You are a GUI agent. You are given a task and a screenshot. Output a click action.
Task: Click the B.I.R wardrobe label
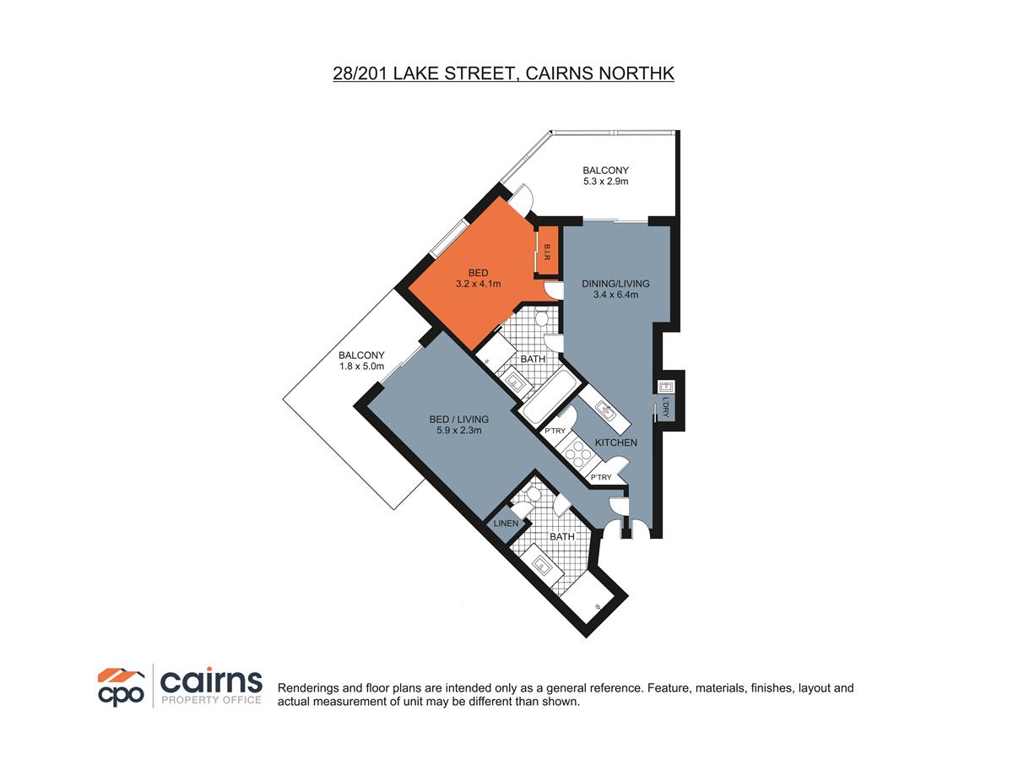[x=547, y=252]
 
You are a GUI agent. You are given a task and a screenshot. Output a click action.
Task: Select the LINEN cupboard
[x=506, y=524]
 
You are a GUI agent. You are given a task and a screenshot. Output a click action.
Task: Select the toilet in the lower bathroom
[x=521, y=508]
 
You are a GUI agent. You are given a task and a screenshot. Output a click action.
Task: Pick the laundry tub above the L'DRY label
[x=664, y=386]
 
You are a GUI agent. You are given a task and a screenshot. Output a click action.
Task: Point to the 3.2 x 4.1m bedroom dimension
[x=479, y=285]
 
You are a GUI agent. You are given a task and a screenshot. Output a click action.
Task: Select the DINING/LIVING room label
[x=615, y=283]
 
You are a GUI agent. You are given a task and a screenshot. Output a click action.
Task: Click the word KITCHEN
[x=616, y=442]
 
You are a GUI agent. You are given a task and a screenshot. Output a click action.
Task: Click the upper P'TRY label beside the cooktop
[x=555, y=432]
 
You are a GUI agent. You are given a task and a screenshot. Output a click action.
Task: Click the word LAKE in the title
[x=409, y=73]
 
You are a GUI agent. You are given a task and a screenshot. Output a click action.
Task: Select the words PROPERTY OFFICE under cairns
[x=211, y=700]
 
